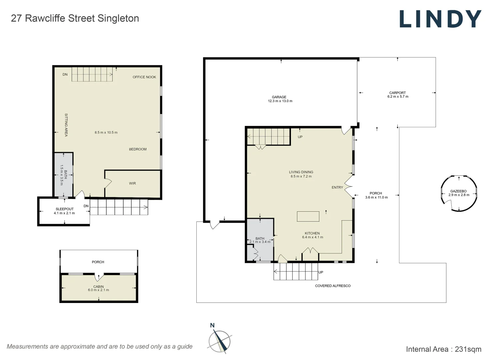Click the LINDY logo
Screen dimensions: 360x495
[x=440, y=19]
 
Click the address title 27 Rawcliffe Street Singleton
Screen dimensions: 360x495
[x=75, y=18]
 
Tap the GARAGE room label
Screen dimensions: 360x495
[x=279, y=97]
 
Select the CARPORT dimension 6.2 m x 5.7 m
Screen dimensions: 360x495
[x=398, y=97]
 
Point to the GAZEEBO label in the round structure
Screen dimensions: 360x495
[x=458, y=191]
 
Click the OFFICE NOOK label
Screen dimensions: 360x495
[x=144, y=77]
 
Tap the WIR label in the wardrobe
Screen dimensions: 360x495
[x=132, y=183]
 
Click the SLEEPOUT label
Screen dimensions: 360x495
[x=65, y=209]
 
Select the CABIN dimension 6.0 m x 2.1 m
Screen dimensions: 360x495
[x=98, y=290]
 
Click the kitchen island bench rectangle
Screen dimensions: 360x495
[x=308, y=216]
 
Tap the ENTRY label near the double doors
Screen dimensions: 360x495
[x=337, y=187]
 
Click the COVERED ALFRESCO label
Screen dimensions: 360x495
[x=333, y=286]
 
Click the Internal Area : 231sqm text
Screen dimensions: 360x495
[x=443, y=349]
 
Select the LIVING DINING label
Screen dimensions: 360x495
[x=301, y=172]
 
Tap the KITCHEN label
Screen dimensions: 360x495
[x=312, y=233]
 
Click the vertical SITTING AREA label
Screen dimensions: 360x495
[x=66, y=125]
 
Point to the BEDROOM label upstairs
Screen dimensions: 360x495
[x=138, y=149]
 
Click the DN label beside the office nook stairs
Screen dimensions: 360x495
[x=65, y=74]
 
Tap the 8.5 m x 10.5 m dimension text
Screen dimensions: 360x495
[x=106, y=132]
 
